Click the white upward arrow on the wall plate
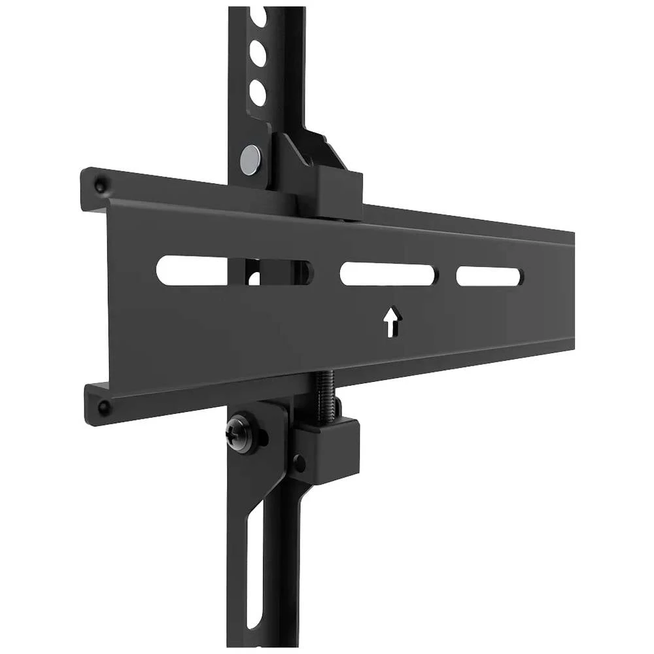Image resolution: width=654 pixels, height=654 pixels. (391, 322)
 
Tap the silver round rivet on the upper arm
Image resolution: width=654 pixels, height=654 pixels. (250, 159)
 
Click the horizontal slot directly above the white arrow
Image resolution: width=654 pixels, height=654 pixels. (387, 274)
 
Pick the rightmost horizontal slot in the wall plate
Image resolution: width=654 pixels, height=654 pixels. (489, 276)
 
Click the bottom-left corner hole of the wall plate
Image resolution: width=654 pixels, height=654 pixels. (103, 407)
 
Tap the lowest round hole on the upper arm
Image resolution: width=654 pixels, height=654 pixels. (258, 93)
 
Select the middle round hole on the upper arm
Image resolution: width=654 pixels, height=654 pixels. (258, 54)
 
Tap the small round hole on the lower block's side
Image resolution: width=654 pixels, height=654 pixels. (300, 464)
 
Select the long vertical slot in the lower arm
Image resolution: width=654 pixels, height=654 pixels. (254, 562)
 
